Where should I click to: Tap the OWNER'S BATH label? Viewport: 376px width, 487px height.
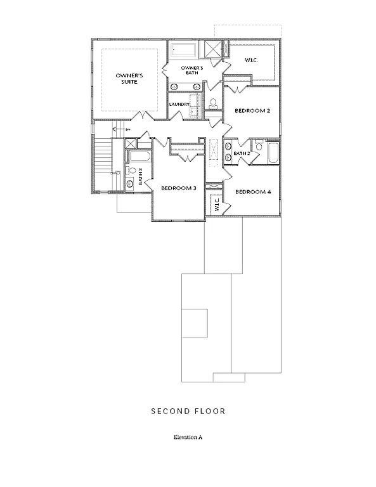(x=191, y=70)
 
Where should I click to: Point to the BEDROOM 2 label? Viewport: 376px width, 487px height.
(x=252, y=111)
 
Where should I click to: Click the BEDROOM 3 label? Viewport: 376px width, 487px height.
(x=178, y=188)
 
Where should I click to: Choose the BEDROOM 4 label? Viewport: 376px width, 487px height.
(x=252, y=192)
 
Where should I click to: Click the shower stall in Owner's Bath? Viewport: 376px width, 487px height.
(x=209, y=49)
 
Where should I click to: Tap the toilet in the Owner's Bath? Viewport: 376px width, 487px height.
(x=213, y=103)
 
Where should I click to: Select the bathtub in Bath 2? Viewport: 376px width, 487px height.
(x=273, y=153)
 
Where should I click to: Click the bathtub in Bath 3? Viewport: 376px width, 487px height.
(x=140, y=157)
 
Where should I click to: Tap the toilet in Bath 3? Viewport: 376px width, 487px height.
(x=132, y=171)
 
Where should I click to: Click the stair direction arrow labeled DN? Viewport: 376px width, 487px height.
(x=120, y=129)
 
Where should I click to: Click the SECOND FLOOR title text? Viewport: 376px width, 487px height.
(x=188, y=412)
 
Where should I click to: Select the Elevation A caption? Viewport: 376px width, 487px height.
(x=188, y=438)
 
